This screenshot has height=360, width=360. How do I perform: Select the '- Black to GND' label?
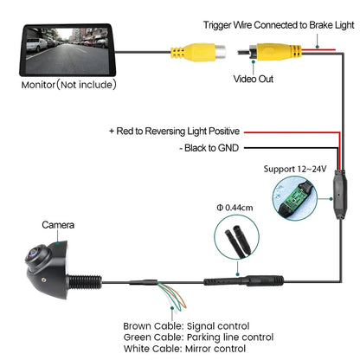pos(211,147)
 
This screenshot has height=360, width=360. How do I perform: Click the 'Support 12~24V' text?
pos(294,168)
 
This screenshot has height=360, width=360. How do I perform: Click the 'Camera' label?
pos(59,225)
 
